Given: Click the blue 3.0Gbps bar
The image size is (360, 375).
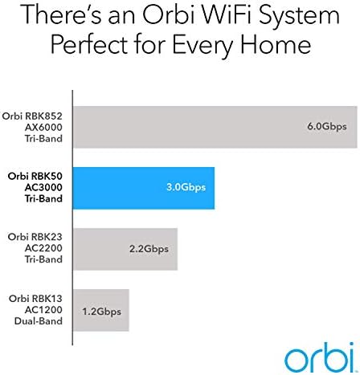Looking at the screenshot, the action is [x=144, y=188].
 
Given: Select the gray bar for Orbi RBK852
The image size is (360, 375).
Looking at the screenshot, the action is [x=215, y=127].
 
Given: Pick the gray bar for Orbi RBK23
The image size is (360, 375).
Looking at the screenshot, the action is [x=125, y=249].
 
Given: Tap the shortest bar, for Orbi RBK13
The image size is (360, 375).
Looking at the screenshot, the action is [x=101, y=310].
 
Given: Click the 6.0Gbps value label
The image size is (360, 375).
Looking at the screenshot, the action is [x=327, y=127].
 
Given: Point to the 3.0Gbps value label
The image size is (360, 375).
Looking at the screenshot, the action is [x=186, y=187].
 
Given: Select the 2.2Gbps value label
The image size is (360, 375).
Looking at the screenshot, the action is [x=149, y=249].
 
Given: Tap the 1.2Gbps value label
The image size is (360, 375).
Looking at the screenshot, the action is [x=101, y=312].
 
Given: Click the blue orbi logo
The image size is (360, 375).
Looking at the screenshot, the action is [x=321, y=357].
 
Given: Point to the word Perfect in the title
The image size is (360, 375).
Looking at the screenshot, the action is [x=89, y=44].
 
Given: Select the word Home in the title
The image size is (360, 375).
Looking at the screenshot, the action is [x=276, y=44].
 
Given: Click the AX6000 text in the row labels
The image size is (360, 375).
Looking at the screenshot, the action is [x=43, y=128].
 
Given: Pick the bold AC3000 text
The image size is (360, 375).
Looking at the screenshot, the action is [x=43, y=187].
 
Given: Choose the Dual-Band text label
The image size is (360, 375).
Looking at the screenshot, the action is [x=39, y=321].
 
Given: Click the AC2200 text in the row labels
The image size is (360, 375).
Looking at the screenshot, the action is [x=43, y=248].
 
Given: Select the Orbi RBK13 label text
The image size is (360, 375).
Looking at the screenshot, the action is [x=35, y=299].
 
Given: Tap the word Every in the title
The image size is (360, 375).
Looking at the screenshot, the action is [x=202, y=47].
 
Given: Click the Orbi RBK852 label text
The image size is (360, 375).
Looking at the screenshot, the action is [x=32, y=116].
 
